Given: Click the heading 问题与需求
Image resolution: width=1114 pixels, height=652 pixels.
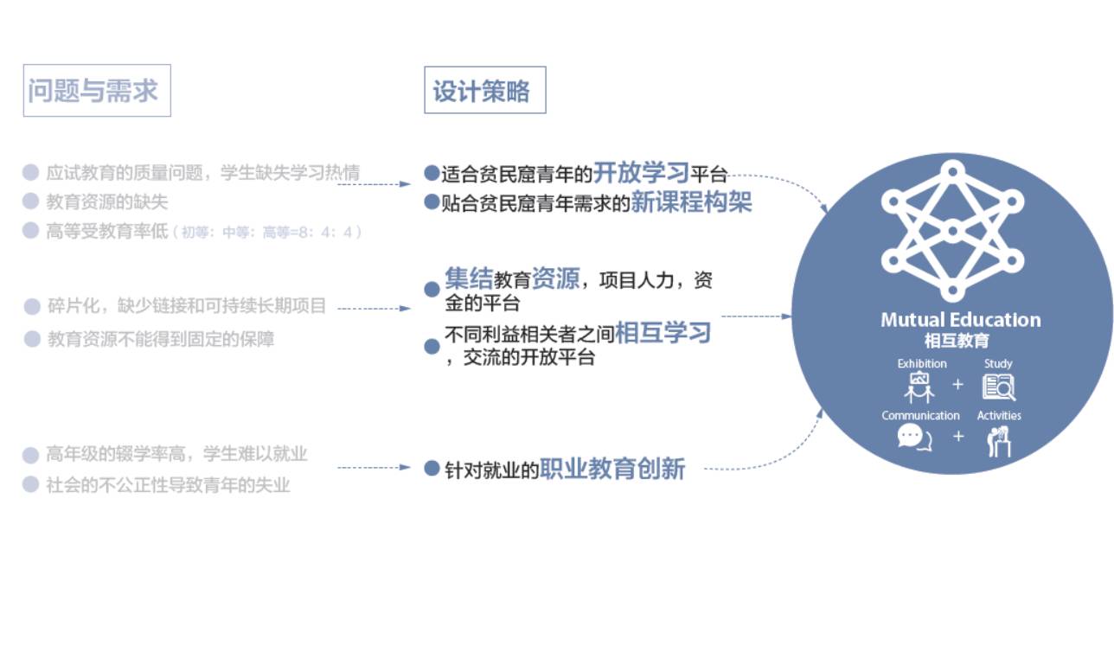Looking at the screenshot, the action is coord(96,91).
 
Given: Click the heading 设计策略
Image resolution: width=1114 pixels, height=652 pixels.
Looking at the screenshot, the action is coord(484,91).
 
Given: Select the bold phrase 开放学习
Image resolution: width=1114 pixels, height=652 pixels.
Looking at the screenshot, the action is coord(641,172).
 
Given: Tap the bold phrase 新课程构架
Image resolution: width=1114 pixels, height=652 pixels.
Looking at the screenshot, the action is coord(691,202).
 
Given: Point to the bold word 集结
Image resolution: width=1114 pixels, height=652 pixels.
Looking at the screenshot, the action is coord(468,278).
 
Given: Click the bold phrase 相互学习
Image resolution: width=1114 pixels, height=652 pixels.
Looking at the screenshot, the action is coord(663,333).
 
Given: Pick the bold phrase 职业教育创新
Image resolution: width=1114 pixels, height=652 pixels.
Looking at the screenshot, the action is coord(612,469).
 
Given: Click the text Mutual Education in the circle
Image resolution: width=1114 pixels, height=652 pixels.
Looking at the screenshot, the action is coord(960,320).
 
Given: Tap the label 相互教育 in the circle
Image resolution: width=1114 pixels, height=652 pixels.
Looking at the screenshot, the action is coord(957,341).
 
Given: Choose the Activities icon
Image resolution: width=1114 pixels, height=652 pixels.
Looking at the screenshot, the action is coord(999,440).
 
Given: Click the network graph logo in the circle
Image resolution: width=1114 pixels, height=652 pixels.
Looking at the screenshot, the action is coord(952,232).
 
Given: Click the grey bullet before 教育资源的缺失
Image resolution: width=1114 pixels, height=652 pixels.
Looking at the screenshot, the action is coord(31,201).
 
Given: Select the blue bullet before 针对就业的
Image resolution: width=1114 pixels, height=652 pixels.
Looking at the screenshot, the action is coord(432,468).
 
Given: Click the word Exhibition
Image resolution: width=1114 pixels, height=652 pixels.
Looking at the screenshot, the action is coord(922,364).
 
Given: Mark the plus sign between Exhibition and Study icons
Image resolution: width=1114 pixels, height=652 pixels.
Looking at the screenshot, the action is coord(957,385).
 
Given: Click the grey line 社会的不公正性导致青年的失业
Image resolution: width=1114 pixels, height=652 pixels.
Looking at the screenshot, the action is coord(168,485).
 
